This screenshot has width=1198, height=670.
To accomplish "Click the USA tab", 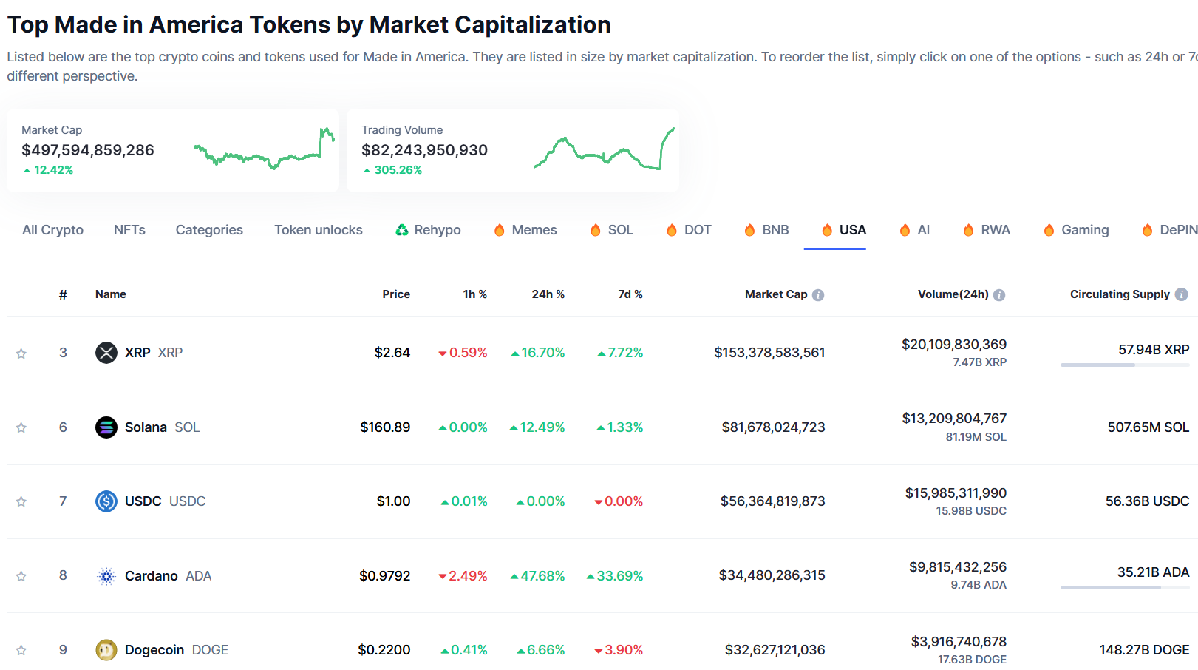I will coord(844,230).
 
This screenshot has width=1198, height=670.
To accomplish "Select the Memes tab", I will coord(525,230).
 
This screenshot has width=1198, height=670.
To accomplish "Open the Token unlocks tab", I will coord(319,230).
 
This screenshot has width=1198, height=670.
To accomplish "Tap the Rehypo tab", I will coord(428,230).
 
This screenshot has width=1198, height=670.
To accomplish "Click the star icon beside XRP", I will coord(21,353).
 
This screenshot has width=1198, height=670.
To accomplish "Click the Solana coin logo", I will coord(106,427).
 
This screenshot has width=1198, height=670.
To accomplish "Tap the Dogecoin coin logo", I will coord(106,650).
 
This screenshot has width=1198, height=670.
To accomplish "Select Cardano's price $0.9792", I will coord(384,576).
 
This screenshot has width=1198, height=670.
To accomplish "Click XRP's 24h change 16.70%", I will coord(538,353).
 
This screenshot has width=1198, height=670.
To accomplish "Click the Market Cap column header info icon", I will coord(818,295).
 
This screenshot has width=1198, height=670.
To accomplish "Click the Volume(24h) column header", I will coord(953,294).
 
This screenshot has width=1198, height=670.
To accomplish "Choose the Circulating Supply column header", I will coord(1120,294).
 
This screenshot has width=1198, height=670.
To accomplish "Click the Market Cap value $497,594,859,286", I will coord(88,150).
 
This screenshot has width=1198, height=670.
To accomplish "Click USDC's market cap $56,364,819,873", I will coord(772,501).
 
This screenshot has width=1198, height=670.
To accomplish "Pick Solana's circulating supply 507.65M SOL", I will coord(1148,427).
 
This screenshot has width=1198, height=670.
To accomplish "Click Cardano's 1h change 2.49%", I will coord(463,576).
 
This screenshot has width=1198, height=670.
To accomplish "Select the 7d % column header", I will coord(630,294).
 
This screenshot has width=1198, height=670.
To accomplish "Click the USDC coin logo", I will coord(106,501).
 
